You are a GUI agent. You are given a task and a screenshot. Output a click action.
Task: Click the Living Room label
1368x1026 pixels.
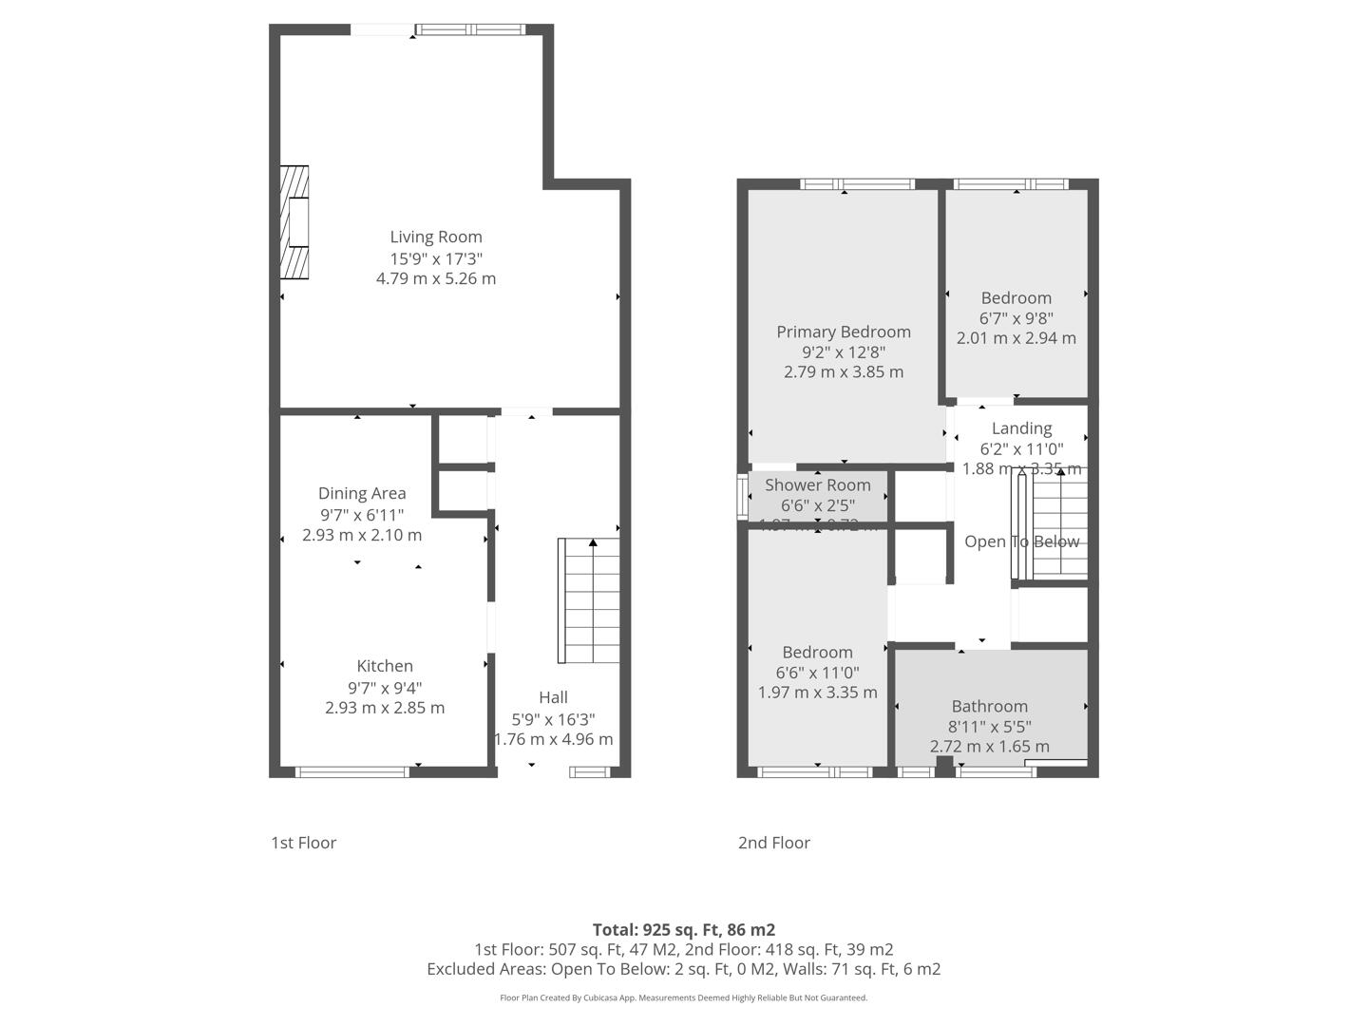pyautogui.click(x=436, y=237)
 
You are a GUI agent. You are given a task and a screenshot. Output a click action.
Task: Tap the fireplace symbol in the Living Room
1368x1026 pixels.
pyautogui.click(x=294, y=223)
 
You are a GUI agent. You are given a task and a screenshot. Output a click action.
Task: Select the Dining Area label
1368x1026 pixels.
pyautogui.click(x=362, y=493)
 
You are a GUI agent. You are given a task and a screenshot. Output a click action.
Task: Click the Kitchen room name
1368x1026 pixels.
pyautogui.click(x=385, y=666)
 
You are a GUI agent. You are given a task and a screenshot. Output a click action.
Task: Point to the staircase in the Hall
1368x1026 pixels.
pyautogui.click(x=589, y=600)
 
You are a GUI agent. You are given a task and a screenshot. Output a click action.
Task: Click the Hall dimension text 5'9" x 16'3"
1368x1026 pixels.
pyautogui.click(x=553, y=719)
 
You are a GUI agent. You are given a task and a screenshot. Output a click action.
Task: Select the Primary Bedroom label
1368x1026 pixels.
pyautogui.click(x=844, y=332)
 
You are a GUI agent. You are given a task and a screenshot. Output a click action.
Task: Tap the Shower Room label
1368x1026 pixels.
pyautogui.click(x=818, y=484)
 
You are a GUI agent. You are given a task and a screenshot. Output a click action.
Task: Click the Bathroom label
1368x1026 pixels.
pyautogui.click(x=990, y=706)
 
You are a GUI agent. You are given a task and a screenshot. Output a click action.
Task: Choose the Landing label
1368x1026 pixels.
pyautogui.click(x=1021, y=428)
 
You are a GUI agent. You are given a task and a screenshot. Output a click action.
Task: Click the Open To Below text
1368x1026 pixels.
pyautogui.click(x=1021, y=541)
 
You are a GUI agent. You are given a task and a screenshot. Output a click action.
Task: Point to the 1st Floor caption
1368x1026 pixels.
pyautogui.click(x=304, y=843)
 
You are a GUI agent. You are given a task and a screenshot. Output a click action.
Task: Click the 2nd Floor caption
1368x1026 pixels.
pyautogui.click(x=774, y=843)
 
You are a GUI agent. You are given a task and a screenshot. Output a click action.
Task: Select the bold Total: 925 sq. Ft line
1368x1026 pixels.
pyautogui.click(x=684, y=929)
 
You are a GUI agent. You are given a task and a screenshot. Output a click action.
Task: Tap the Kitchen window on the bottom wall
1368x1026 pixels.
pyautogui.click(x=352, y=771)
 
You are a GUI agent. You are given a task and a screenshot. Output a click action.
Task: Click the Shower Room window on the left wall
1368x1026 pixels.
pyautogui.click(x=743, y=497)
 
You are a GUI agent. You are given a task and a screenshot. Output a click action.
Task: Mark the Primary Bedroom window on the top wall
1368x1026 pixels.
pyautogui.click(x=857, y=184)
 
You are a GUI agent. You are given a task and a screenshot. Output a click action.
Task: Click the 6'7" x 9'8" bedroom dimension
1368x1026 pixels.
pyautogui.click(x=1016, y=318)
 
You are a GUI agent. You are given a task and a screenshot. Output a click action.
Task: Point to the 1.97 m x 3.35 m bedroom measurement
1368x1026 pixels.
pyautogui.click(x=818, y=693)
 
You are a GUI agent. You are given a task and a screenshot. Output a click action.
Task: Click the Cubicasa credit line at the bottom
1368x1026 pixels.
pyautogui.click(x=684, y=997)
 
